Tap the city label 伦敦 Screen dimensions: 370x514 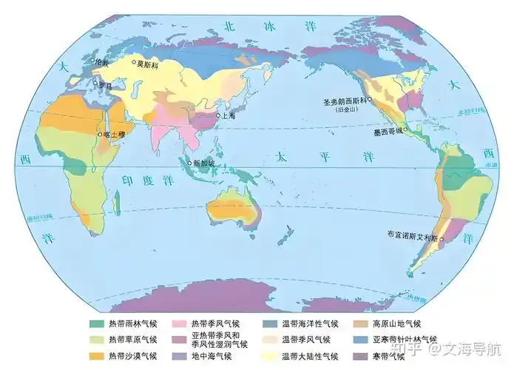click(101, 63)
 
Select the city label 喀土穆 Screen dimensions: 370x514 click(115, 134)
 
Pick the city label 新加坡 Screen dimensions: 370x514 click(204, 163)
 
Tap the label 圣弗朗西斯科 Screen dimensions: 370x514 click(345, 101)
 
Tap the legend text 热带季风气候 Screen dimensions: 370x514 click(214, 324)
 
